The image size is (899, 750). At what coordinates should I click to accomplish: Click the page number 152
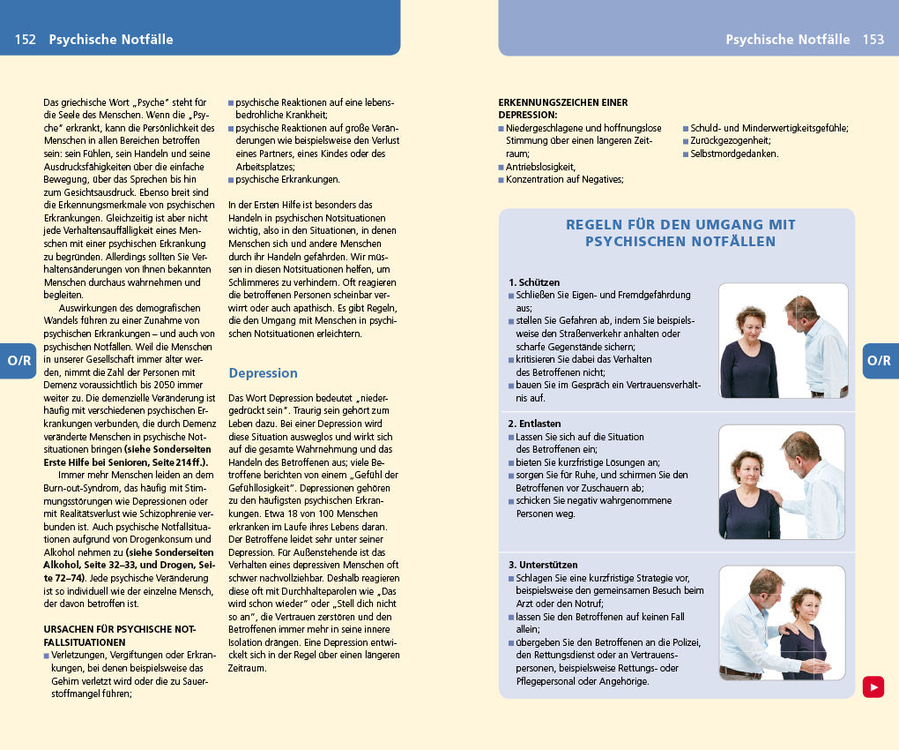[25, 40]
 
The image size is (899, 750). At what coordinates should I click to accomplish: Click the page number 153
[873, 40]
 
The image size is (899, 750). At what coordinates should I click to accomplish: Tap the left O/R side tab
[18, 361]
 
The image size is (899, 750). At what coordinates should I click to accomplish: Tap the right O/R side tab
[879, 361]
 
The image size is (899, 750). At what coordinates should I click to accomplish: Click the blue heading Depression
[263, 373]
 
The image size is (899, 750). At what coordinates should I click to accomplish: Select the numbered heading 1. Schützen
[533, 282]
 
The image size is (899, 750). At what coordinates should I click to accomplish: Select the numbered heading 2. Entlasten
[534, 424]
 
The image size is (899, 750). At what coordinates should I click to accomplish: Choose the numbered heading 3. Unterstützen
[542, 565]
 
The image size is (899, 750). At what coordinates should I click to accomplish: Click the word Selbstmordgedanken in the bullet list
[734, 154]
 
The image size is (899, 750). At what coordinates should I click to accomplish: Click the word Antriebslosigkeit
[540, 166]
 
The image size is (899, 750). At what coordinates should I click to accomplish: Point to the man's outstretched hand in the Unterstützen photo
[817, 666]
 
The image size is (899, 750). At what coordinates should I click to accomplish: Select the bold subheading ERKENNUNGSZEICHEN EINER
[562, 102]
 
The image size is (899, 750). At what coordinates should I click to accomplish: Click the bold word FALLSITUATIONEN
[85, 642]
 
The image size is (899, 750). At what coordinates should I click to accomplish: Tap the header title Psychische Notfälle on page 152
[111, 40]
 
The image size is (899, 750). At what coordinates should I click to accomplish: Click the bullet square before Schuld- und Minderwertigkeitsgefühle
[686, 128]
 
